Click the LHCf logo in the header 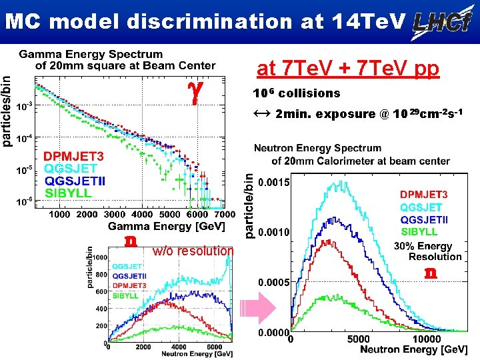[x=441, y=22]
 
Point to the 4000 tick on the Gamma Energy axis [x=142, y=215]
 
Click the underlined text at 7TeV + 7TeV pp [x=348, y=69]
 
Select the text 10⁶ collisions [x=296, y=93]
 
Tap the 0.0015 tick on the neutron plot [x=273, y=183]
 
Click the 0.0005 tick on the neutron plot [x=273, y=283]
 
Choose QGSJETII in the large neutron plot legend [x=428, y=219]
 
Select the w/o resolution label [x=193, y=251]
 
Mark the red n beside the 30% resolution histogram [x=432, y=273]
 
